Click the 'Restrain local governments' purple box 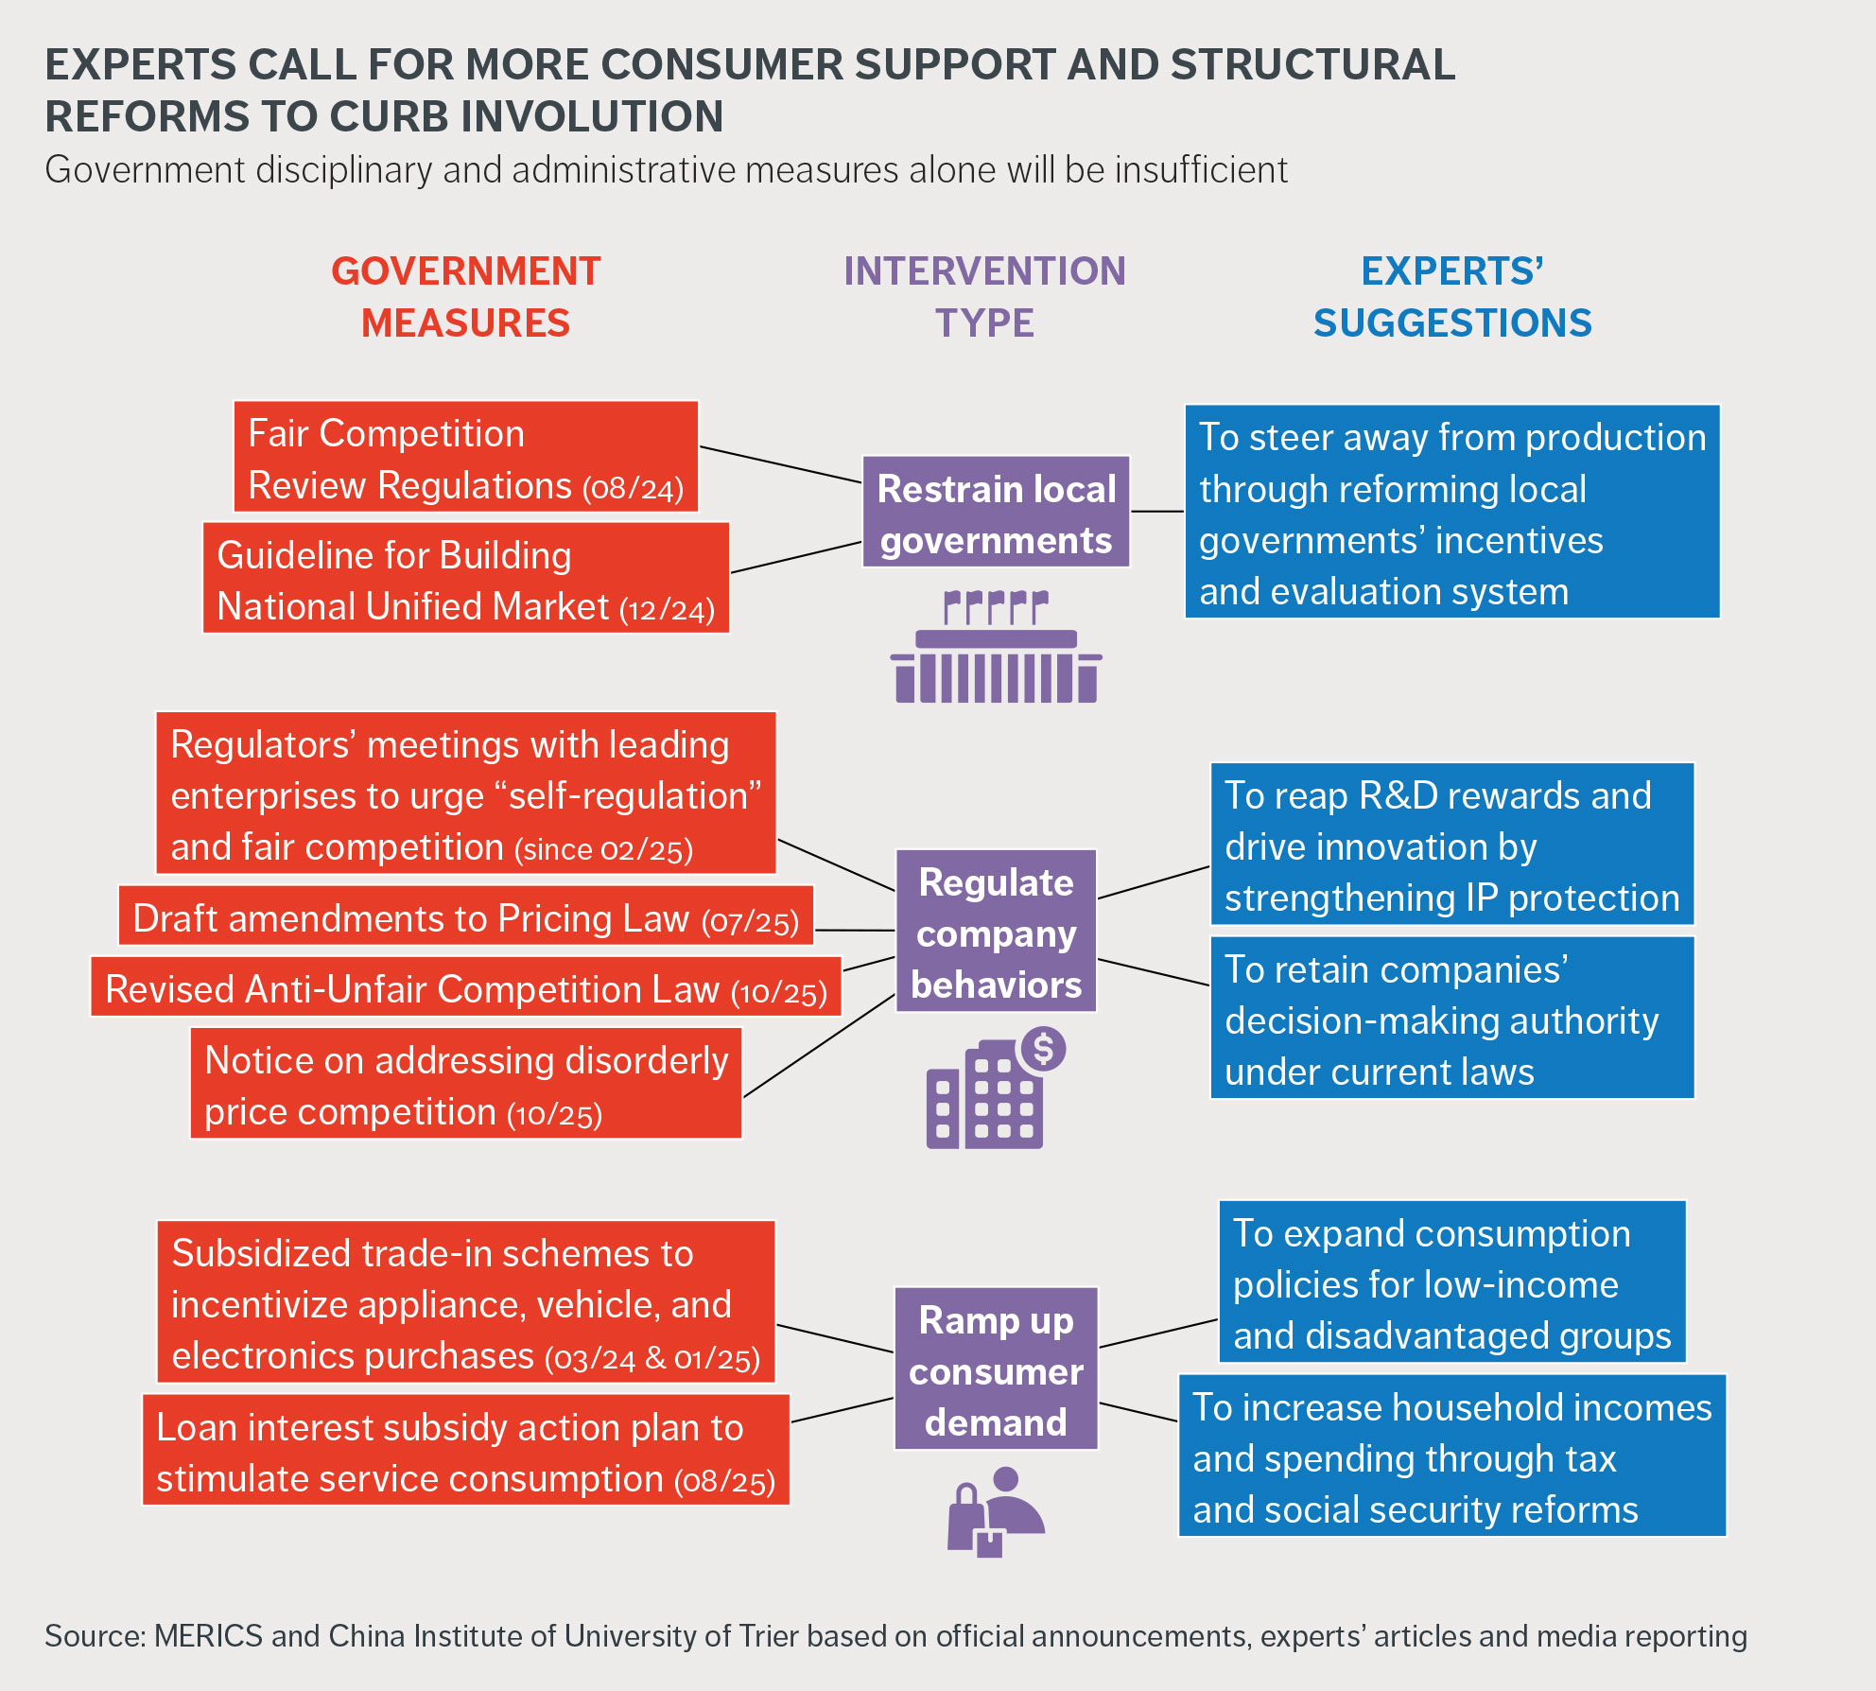(x=996, y=512)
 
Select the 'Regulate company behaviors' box (x=996, y=932)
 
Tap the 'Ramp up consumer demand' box (x=996, y=1368)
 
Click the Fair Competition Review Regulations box (x=465, y=458)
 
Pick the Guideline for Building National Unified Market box (x=465, y=579)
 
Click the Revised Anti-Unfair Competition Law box (x=465, y=987)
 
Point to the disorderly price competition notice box (x=465, y=1084)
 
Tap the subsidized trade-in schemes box (x=465, y=1302)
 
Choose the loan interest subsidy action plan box (x=465, y=1451)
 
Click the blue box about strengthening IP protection (x=1451, y=845)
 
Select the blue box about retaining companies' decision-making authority (x=1451, y=1019)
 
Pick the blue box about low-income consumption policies (x=1451, y=1282)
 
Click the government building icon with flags (x=996, y=648)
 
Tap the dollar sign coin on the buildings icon (x=1043, y=1049)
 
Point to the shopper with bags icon (x=996, y=1511)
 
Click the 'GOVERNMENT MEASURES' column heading (x=465, y=297)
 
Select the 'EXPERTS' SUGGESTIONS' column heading (x=1451, y=297)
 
